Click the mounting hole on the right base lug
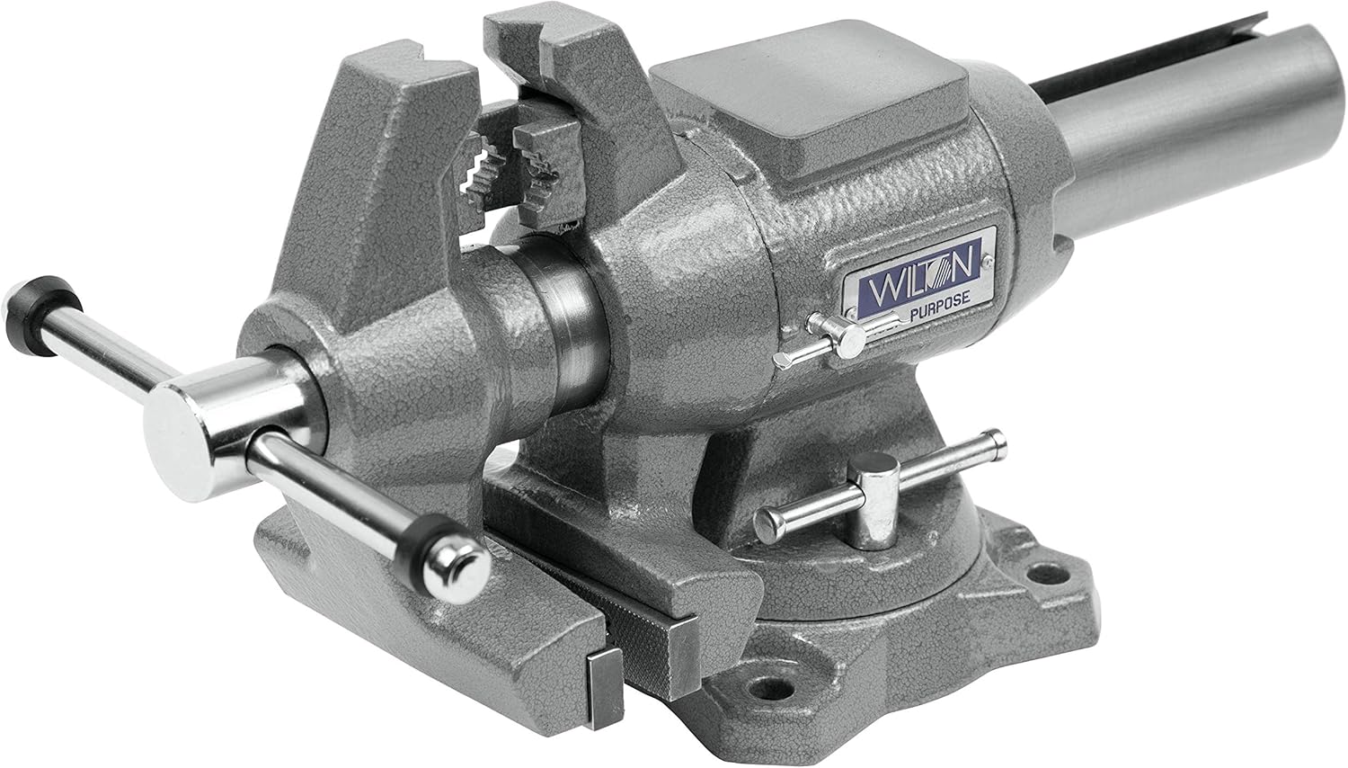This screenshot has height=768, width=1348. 1042,572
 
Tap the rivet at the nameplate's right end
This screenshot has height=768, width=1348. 987,261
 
